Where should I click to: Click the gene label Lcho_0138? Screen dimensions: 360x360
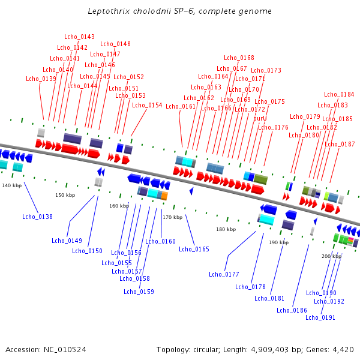pyautogui.click(x=37, y=217)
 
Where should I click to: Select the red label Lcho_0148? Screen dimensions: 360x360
pyautogui.click(x=115, y=44)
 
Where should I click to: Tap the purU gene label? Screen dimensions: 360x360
pyautogui.click(x=260, y=118)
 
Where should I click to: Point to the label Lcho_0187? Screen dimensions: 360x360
pyautogui.click(x=340, y=144)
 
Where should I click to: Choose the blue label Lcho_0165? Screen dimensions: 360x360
pyautogui.click(x=194, y=249)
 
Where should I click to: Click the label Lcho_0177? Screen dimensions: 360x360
pyautogui.click(x=224, y=274)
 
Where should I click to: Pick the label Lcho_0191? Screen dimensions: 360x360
pyautogui.click(x=320, y=317)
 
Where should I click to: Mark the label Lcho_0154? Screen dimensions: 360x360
pyautogui.click(x=147, y=105)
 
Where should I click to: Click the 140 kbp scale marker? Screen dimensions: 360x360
pyautogui.click(x=11, y=186)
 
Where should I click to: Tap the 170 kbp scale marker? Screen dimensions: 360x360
pyautogui.click(x=172, y=217)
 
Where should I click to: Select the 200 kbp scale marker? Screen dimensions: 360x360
pyautogui.click(x=331, y=256)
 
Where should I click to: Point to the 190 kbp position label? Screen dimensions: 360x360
pyautogui.click(x=278, y=242)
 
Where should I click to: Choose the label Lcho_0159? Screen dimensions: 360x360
pyautogui.click(x=139, y=292)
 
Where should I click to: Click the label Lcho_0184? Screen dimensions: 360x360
pyautogui.click(x=339, y=94)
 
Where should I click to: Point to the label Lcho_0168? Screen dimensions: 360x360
pyautogui.click(x=239, y=58)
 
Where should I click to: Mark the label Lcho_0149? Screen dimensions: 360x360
pyautogui.click(x=67, y=241)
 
